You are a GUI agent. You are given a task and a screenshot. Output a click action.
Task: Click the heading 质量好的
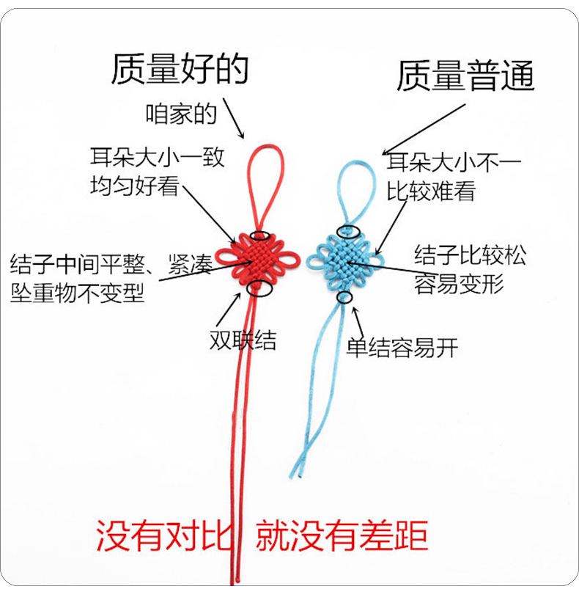[180, 67]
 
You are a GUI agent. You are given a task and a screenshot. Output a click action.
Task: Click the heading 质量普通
[465, 76]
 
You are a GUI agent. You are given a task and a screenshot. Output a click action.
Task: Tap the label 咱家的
[181, 114]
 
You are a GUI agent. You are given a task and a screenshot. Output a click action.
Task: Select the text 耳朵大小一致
[157, 158]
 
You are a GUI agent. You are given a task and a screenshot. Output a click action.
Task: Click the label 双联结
[242, 341]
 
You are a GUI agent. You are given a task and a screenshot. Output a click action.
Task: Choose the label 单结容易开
[402, 347]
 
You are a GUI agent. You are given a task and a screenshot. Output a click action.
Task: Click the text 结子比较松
[470, 255]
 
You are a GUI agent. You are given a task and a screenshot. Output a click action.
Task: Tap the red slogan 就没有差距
[341, 537]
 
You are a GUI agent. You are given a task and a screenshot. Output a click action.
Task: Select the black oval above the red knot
[260, 235]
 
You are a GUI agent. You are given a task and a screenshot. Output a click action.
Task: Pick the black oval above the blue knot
[345, 233]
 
